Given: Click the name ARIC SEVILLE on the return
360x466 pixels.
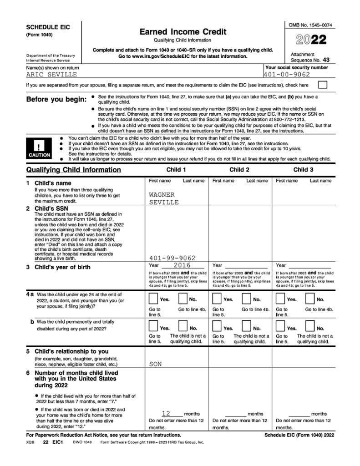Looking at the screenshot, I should [x=51, y=75].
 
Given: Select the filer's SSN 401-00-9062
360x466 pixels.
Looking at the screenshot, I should [x=287, y=75].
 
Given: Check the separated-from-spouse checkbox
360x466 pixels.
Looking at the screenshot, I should [x=322, y=85].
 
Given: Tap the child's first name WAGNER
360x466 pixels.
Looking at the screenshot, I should [x=163, y=194].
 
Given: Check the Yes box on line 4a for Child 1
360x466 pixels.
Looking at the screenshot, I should [x=153, y=299].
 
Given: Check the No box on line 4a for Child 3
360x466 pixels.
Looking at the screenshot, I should [x=310, y=299].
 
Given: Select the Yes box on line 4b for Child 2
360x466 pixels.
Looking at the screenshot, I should [x=217, y=327].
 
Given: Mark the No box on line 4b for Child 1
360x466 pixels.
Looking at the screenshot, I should [x=183, y=327].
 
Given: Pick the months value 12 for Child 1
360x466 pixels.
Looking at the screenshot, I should [x=166, y=413].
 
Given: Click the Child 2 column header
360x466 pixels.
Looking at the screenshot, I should [x=239, y=170].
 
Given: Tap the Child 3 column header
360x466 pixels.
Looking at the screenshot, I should [x=303, y=170].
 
